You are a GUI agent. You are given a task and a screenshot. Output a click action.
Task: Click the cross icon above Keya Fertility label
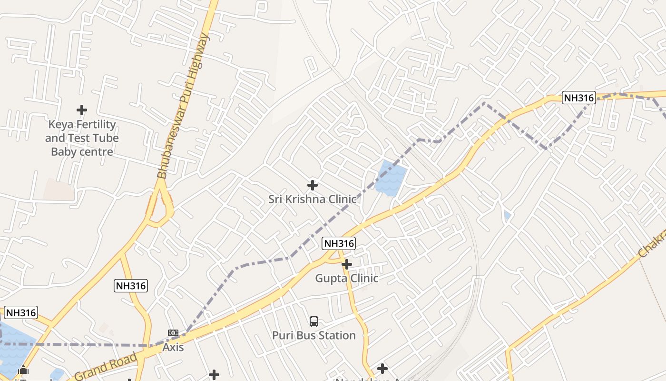[82, 110]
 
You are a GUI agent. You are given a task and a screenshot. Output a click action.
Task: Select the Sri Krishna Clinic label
[312, 199]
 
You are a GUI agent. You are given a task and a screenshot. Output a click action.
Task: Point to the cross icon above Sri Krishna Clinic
[313, 185]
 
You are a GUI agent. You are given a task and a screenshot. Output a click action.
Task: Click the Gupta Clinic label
[347, 278]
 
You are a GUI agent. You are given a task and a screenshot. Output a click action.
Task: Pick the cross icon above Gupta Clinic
[347, 264]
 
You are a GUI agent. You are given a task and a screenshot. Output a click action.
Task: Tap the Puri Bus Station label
[314, 335]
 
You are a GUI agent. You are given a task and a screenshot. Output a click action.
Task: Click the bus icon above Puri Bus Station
[314, 321]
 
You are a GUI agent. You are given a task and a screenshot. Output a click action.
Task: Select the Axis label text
[173, 347]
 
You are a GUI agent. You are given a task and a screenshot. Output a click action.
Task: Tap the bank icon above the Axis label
[173, 333]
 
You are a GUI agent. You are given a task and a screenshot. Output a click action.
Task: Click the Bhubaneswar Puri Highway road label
[183, 106]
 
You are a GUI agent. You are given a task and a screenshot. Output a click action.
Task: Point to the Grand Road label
[106, 367]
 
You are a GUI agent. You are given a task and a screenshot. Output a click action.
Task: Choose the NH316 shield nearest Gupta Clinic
[339, 243]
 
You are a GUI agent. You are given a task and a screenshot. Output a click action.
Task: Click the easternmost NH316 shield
[578, 98]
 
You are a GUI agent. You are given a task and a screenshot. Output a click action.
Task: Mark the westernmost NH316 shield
[20, 313]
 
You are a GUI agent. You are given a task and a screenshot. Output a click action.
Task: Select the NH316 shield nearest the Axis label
[131, 286]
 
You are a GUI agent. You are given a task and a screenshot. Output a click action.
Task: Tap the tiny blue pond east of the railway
[507, 216]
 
